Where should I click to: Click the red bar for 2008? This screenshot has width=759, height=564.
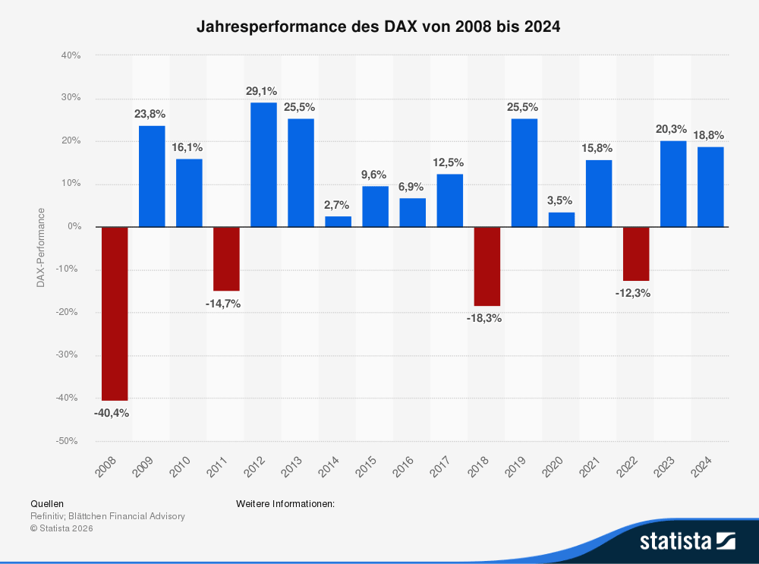coord(115,314)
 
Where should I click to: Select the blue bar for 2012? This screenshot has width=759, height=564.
coord(263,165)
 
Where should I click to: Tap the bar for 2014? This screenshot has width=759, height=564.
coord(338,221)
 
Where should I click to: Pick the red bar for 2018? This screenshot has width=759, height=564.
coord(487,266)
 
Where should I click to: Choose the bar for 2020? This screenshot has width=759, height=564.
coord(561,219)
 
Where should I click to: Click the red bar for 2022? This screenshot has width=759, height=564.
coord(635,254)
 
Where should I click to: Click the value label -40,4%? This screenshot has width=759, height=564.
coord(112,414)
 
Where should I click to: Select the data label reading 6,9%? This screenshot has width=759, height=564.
coord(411,186)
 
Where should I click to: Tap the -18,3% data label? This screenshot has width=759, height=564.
coord(484,319)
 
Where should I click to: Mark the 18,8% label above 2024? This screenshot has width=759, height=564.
coord(710,135)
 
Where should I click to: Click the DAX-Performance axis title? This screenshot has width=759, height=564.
coord(40,247)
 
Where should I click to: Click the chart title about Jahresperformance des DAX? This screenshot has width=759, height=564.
coord(378,27)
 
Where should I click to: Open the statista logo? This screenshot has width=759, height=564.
coord(687,541)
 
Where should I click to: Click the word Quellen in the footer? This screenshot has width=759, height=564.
coord(47,503)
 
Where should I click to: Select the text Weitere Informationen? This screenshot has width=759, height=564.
coord(285,503)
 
